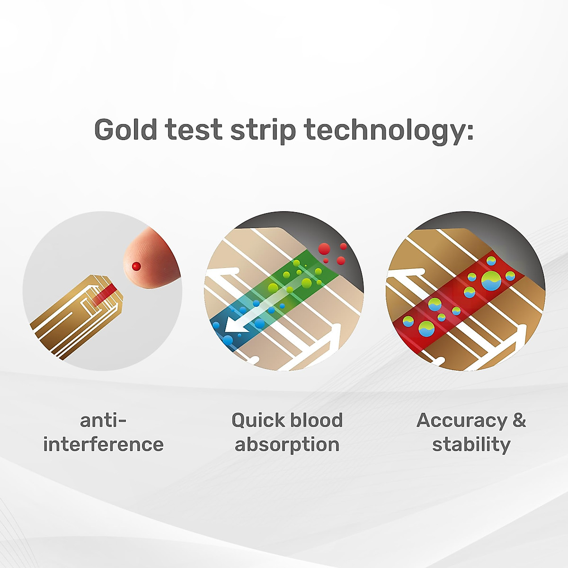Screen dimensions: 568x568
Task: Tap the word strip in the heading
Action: tap(263, 132)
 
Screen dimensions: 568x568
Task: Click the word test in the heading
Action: tap(194, 130)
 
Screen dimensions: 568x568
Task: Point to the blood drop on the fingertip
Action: tap(136, 266)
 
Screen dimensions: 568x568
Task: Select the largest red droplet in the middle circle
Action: tap(324, 249)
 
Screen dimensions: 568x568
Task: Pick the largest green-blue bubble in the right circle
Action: tap(491, 281)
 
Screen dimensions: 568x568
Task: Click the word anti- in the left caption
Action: tap(103, 420)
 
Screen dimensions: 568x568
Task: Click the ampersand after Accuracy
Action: tap(519, 420)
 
